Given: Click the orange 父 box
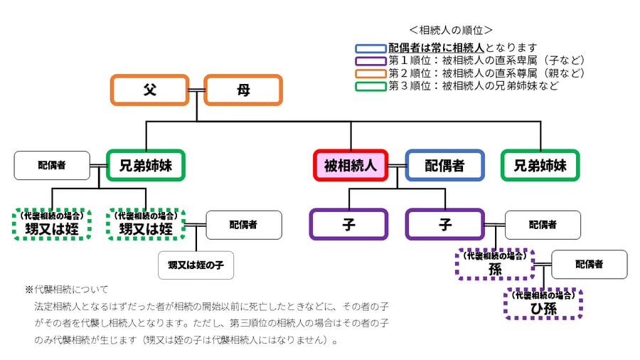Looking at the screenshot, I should coord(149,90).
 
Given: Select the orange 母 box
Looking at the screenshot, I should coord(243,90).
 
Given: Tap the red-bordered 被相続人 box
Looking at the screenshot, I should coord(351,166).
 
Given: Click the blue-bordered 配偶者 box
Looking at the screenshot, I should coord(444,166).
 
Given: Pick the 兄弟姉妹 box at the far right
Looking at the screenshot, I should coord(540,166).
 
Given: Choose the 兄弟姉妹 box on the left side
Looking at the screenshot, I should coord(146,166).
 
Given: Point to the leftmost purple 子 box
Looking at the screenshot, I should coord(348,224).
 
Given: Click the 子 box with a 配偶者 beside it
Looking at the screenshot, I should coord(444,224).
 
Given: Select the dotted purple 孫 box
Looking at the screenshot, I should coord(495,265).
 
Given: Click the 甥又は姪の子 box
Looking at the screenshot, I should coord(196,265).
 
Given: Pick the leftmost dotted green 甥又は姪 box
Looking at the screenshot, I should coord(52,224).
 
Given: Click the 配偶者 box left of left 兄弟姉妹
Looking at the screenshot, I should coord(52,165).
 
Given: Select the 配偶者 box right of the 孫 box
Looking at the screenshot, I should coord(589,264).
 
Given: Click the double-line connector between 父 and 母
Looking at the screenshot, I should coord(196,90).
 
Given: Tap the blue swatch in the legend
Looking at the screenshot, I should coord(370,48).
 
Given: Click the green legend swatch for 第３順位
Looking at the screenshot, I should coord(370,87).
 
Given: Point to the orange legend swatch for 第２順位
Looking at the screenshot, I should coord(370,74).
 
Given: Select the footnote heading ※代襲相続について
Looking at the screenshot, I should coord(67,290).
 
